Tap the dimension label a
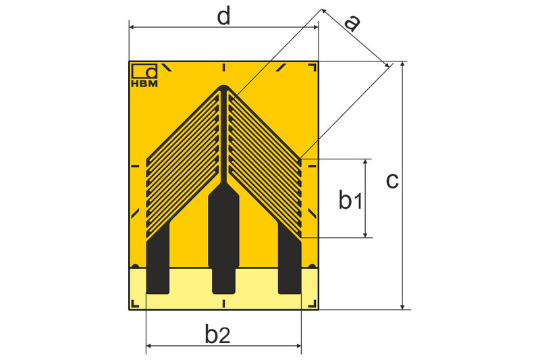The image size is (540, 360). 352,23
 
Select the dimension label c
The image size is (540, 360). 392,181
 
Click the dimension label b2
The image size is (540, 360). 217,334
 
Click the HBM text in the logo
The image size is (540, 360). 144,83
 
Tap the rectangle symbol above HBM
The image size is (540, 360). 144,71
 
